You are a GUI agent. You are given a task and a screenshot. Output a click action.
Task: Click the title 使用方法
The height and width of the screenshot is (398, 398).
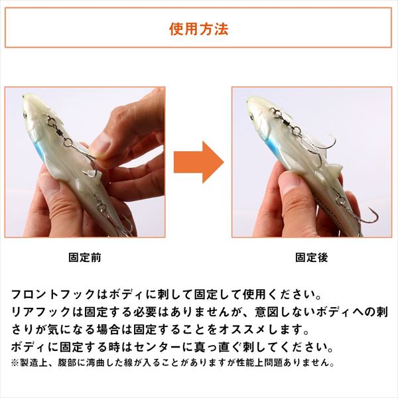coord(199,29)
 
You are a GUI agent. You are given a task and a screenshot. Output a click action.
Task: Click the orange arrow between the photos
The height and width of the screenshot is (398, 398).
coord(198,163)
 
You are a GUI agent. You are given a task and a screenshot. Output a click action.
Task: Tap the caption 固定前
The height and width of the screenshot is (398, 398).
coord(85,257)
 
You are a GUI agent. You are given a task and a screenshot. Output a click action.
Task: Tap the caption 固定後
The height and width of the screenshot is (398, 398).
coord(312,257)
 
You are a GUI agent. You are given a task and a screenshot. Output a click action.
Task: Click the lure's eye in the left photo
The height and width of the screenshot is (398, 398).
coord(26,115)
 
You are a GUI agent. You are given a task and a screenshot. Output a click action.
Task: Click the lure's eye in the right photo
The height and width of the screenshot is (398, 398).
coord(251,116)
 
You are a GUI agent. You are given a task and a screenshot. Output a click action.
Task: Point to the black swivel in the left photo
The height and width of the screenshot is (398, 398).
coord(59,132)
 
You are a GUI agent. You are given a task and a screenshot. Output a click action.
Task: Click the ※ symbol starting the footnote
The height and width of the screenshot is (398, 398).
coord(15,363)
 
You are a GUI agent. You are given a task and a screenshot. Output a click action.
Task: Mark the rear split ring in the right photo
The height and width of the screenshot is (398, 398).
coord(338,201)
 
